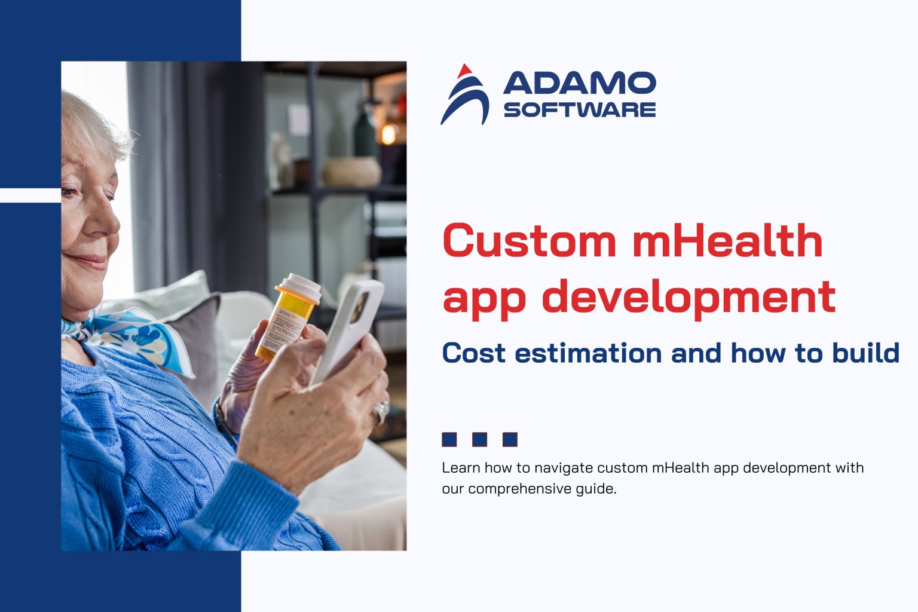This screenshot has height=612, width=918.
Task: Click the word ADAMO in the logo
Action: coord(579,83)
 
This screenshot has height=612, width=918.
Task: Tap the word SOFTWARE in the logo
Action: coord(579,110)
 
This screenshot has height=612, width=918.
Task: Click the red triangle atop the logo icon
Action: coord(463,72)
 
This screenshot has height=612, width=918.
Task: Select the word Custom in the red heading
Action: coord(529,241)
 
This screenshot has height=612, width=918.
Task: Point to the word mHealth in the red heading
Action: coord(727,241)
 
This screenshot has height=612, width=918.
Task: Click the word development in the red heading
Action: coord(688,297)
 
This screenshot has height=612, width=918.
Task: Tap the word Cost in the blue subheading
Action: coord(473,353)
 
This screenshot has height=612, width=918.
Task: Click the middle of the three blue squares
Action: coord(479,440)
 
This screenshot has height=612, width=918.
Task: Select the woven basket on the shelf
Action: coord(352,172)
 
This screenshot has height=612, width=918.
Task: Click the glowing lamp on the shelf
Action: coord(388,134)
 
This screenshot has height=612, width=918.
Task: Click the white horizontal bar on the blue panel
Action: coord(30,195)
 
